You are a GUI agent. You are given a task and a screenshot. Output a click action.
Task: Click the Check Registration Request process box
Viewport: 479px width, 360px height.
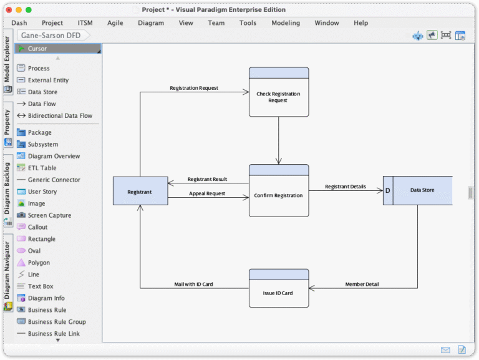(278, 97)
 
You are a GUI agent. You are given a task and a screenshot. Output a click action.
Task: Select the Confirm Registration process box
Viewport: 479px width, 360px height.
(278, 195)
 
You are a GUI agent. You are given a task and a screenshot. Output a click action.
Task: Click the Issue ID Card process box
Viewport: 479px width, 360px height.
(278, 293)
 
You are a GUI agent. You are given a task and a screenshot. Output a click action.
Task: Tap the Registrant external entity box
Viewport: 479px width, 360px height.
(140, 192)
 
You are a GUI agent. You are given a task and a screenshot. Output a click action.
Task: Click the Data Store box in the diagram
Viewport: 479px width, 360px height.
(422, 190)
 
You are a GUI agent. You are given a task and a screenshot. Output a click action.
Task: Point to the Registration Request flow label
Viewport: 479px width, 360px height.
(194, 88)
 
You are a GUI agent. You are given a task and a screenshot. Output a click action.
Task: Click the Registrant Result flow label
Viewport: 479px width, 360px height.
(207, 179)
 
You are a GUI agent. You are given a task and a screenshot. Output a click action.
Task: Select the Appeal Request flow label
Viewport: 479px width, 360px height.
(207, 193)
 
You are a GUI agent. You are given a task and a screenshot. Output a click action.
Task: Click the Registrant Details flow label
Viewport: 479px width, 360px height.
(345, 187)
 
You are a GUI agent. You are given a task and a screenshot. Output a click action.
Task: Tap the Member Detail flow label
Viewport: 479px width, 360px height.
(362, 285)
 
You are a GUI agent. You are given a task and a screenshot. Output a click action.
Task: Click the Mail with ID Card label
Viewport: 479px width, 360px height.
(193, 285)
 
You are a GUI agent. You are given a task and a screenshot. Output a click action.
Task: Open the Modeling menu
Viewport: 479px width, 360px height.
(285, 23)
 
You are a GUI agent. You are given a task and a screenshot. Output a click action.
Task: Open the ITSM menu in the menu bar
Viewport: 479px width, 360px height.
(85, 23)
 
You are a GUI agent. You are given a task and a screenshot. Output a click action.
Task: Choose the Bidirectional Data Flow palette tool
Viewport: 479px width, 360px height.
(60, 115)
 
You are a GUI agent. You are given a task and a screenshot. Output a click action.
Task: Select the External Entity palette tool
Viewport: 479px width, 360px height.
(48, 80)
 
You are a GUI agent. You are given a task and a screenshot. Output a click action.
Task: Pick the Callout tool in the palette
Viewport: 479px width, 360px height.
(37, 227)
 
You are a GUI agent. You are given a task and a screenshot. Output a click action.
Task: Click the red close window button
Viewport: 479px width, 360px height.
(8, 10)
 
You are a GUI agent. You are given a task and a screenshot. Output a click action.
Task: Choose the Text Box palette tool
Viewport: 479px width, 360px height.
(41, 286)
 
